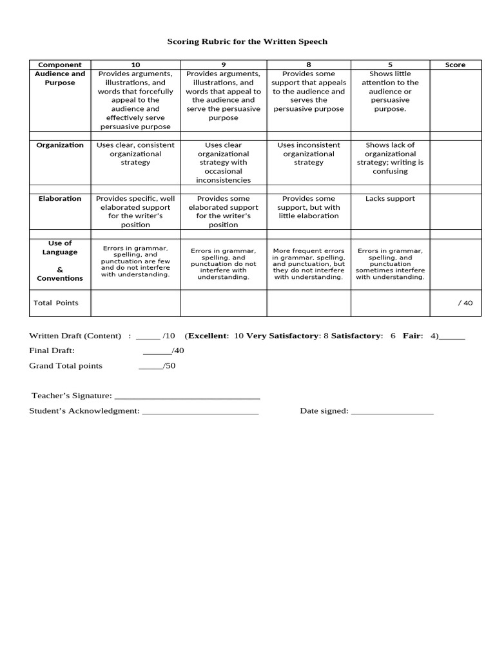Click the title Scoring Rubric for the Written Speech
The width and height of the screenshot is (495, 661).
[x=247, y=41]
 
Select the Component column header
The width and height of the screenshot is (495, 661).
[x=60, y=65]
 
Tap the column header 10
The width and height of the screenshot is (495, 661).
[x=135, y=65]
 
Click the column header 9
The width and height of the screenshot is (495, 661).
[x=223, y=65]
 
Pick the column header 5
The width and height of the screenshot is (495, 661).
[x=390, y=65]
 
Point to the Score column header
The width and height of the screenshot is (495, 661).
[x=455, y=65]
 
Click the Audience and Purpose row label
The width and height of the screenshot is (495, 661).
[x=60, y=78]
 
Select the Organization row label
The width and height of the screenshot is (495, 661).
[x=60, y=145]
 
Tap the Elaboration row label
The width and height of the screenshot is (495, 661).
[x=60, y=199]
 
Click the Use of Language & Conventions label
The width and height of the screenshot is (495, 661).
[x=60, y=261]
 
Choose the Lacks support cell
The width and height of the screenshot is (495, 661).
[x=390, y=199]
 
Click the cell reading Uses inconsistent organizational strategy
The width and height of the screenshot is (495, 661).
[x=309, y=154]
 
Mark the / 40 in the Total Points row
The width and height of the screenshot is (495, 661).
[x=465, y=303]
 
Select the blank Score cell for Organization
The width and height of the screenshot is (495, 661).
[x=455, y=162]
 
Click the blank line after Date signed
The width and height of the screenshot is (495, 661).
[x=392, y=411]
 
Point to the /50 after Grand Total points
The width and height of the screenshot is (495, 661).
[x=170, y=365]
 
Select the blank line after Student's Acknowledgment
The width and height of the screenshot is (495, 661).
[x=200, y=411]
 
